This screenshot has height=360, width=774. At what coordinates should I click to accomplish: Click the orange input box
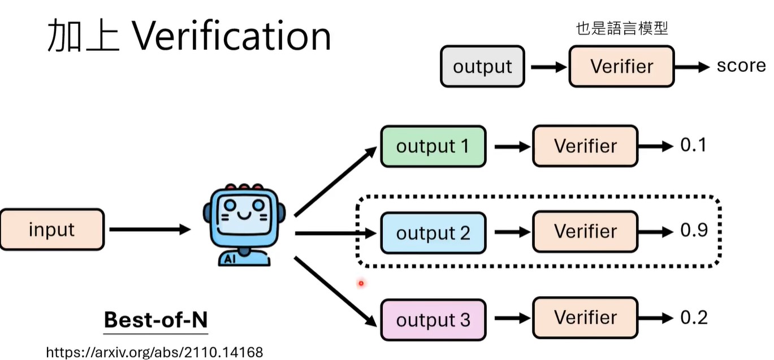pos(52,229)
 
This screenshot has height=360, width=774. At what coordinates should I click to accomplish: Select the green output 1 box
pos(433,146)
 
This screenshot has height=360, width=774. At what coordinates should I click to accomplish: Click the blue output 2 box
pos(433,232)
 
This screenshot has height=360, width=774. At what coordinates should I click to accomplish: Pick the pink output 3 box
pos(433,320)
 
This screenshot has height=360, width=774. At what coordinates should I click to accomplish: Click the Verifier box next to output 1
pos(585,146)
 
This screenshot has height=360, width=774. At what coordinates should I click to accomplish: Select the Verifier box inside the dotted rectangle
pos(585,232)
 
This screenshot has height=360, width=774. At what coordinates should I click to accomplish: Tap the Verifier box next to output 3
pos(585,318)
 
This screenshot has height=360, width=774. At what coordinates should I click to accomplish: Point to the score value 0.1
pos(693,146)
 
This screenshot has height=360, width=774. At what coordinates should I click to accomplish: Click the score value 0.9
pos(694,231)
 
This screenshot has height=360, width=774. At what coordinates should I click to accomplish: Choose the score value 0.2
pos(694,318)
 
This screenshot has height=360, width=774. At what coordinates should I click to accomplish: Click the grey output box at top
pos(482,67)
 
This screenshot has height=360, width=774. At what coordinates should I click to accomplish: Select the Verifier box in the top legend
pos(621,67)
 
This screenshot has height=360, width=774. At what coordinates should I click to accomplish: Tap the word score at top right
pos(741,66)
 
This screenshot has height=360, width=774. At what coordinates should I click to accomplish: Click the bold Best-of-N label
pos(155,320)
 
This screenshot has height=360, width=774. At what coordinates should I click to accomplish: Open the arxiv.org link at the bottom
pos(154,352)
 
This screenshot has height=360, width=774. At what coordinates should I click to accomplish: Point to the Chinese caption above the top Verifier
pos(622,29)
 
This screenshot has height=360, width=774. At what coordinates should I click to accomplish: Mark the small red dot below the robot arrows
pos(360,283)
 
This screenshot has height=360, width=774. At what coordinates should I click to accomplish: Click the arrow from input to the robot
pos(150,229)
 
